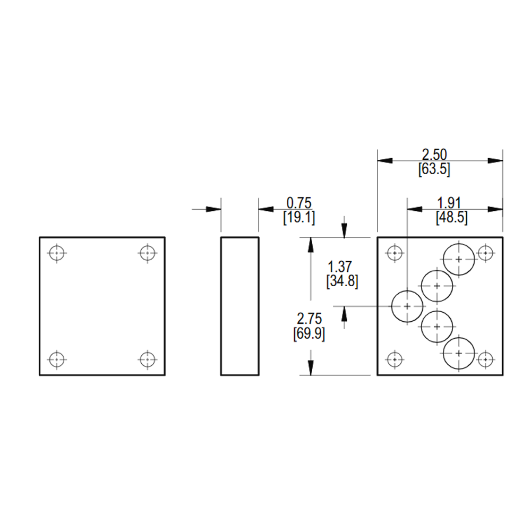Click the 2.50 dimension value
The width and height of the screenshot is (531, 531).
(x=434, y=155)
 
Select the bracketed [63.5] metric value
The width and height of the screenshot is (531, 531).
(x=434, y=169)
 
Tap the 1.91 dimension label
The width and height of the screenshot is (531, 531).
(x=449, y=203)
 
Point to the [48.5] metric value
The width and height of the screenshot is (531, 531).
(x=452, y=218)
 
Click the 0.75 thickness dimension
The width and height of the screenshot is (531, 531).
(x=298, y=203)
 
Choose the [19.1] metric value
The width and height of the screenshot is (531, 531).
(x=299, y=218)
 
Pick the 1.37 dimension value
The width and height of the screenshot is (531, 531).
(x=340, y=267)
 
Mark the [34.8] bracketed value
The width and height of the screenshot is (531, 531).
(x=342, y=281)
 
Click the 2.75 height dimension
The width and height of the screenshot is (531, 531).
(x=309, y=319)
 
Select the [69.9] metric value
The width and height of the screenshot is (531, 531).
(x=309, y=334)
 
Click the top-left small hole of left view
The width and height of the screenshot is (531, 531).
(x=57, y=253)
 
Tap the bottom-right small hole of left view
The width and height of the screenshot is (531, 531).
(x=147, y=359)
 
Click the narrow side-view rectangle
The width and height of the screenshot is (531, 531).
(x=240, y=237)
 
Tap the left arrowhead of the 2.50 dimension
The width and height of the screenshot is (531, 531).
(x=385, y=160)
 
